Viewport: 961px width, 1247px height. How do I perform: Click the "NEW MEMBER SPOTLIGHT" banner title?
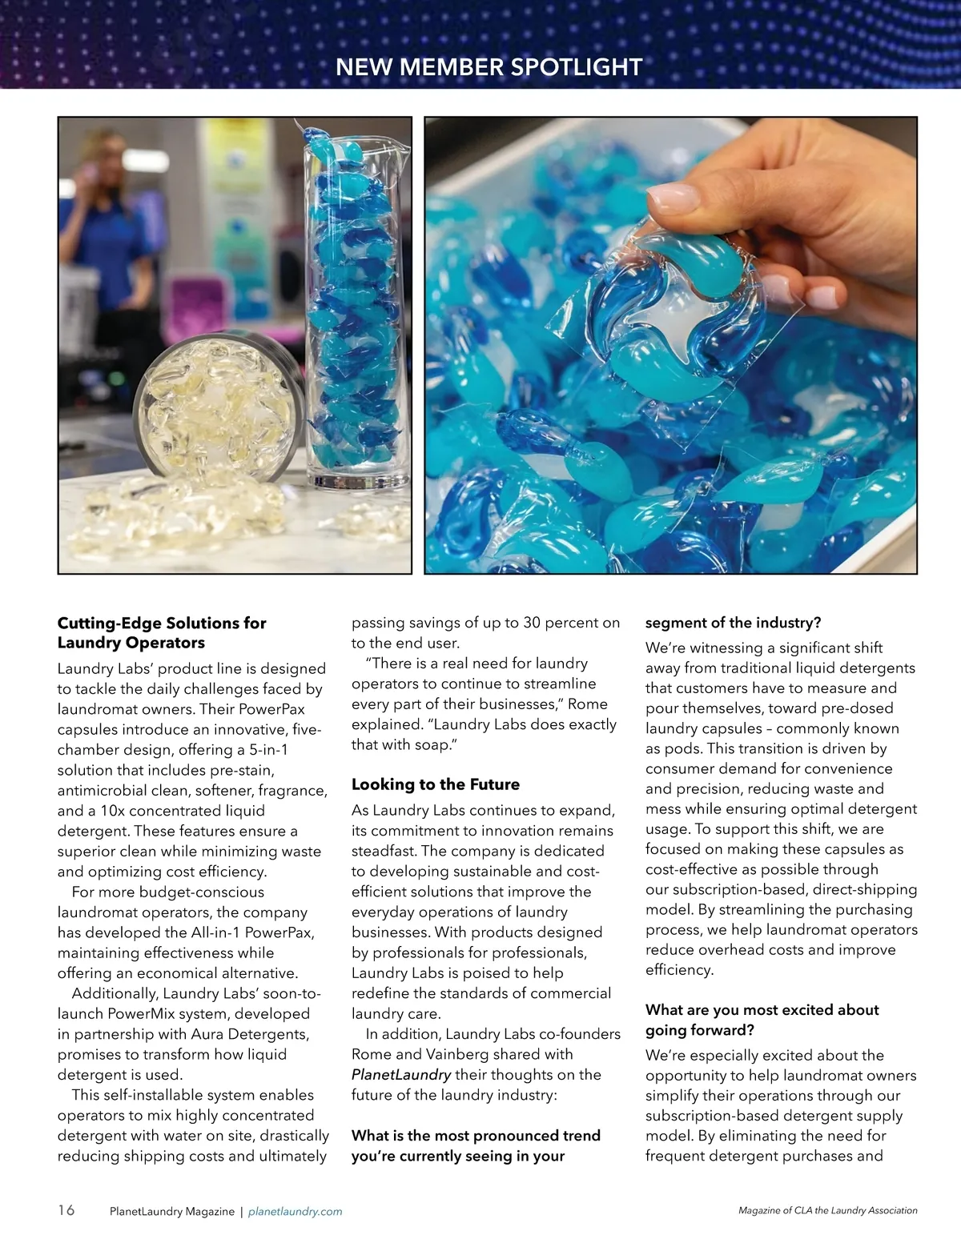(489, 67)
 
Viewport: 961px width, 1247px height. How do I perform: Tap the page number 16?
(66, 1209)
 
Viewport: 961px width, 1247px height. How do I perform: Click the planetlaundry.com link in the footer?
(296, 1212)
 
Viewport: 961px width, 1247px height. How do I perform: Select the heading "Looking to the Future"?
(435, 784)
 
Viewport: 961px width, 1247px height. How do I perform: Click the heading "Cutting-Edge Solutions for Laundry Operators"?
(161, 632)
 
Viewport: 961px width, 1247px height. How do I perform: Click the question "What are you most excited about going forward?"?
(762, 1020)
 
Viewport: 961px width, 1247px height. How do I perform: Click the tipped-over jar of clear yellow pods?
(216, 408)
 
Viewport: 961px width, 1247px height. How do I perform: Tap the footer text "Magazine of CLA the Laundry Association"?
(827, 1210)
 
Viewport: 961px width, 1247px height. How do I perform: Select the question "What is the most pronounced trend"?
(476, 1136)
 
